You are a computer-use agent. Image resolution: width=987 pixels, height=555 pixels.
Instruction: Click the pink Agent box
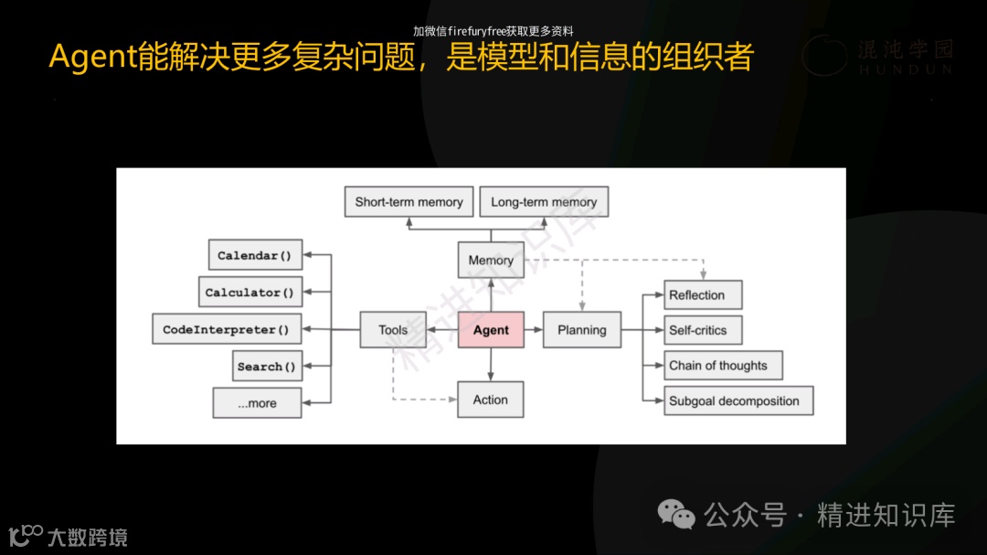click(x=491, y=330)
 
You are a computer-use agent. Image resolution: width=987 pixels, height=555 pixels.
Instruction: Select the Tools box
click(x=393, y=330)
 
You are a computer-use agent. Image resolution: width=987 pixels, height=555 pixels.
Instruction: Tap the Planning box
click(x=581, y=330)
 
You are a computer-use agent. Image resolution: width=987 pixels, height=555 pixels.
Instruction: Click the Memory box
click(x=491, y=261)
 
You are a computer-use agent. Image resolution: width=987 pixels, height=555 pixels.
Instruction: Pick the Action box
click(x=491, y=400)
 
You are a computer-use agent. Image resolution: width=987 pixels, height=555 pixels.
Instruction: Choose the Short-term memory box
click(x=409, y=202)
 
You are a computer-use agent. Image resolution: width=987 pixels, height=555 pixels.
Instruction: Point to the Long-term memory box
click(x=544, y=202)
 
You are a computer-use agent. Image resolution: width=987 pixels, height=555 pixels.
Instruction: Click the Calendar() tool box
click(x=254, y=256)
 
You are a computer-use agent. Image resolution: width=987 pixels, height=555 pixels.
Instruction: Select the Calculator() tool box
click(x=249, y=293)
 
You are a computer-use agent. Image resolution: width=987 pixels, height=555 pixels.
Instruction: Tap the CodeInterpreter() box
click(x=226, y=330)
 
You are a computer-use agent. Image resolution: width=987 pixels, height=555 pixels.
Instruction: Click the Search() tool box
click(x=266, y=367)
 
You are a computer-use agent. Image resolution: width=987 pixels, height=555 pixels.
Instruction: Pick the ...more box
click(x=257, y=403)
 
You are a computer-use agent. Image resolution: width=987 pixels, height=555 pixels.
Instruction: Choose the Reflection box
click(x=702, y=295)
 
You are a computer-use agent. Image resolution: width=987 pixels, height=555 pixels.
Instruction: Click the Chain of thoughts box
click(x=723, y=366)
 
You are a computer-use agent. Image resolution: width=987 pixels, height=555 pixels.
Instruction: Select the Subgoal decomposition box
click(x=738, y=400)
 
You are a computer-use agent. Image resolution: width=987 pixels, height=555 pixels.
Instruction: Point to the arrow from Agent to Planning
click(x=534, y=330)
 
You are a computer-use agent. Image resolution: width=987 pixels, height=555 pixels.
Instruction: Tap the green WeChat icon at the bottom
click(x=676, y=515)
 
